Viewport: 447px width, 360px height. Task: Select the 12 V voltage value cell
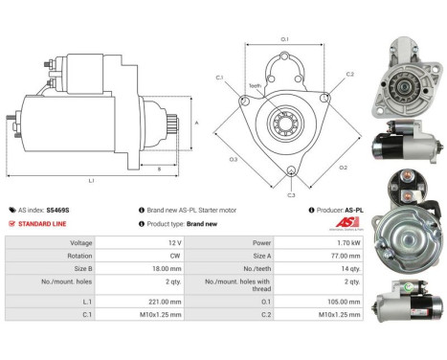171,243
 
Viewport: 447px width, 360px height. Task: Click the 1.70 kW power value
347,243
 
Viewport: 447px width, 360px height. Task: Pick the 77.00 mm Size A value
346,257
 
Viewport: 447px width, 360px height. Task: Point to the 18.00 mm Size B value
169,270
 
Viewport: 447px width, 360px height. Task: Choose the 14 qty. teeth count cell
349,270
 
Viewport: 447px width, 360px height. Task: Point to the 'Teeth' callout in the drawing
255,85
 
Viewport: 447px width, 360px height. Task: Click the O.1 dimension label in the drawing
285,38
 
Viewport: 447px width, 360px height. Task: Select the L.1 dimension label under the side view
91,180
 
